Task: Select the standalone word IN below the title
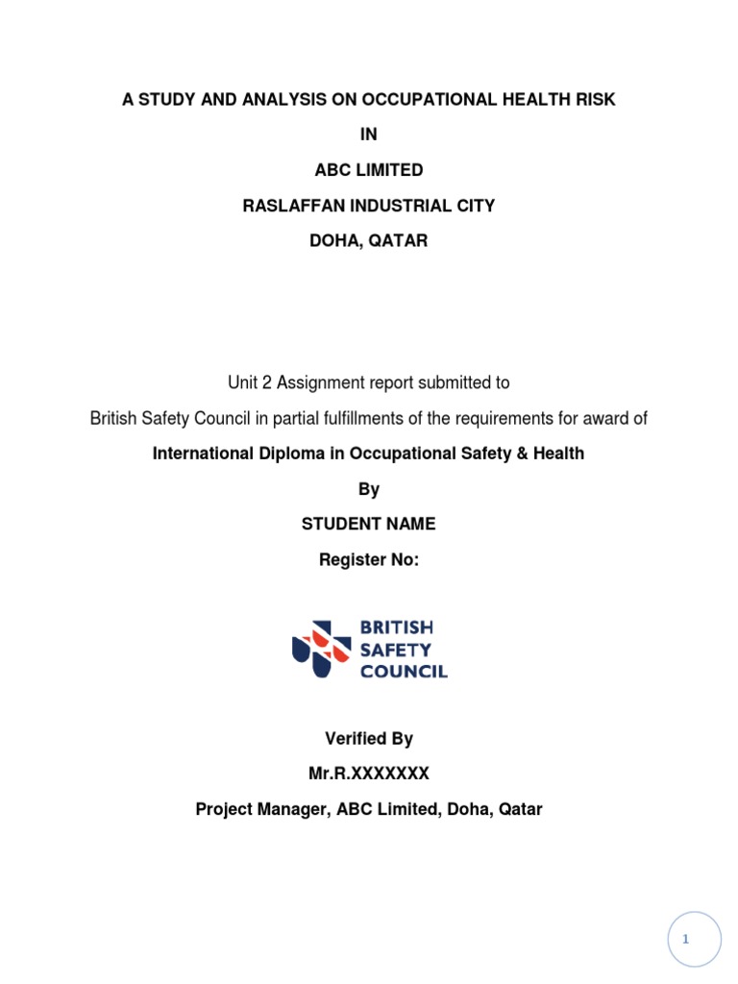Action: point(369,135)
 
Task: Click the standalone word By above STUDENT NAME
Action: point(369,489)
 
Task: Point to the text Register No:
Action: point(369,559)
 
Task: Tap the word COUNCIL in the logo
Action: point(404,672)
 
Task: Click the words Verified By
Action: point(369,739)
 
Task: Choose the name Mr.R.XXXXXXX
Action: point(369,774)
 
